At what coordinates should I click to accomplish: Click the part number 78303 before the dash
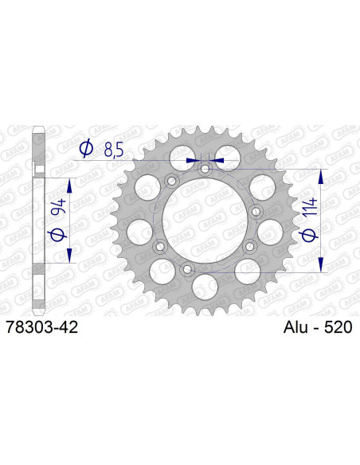coord(29,326)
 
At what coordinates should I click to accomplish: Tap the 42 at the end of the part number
coord(68,326)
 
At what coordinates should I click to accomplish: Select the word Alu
coord(297,326)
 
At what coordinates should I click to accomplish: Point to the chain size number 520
coord(337,326)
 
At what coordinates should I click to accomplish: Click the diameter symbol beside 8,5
coord(86,150)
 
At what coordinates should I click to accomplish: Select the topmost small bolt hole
coord(205,170)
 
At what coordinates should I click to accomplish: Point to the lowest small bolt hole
coord(187,270)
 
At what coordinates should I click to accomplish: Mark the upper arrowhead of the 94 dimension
coord(70,186)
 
